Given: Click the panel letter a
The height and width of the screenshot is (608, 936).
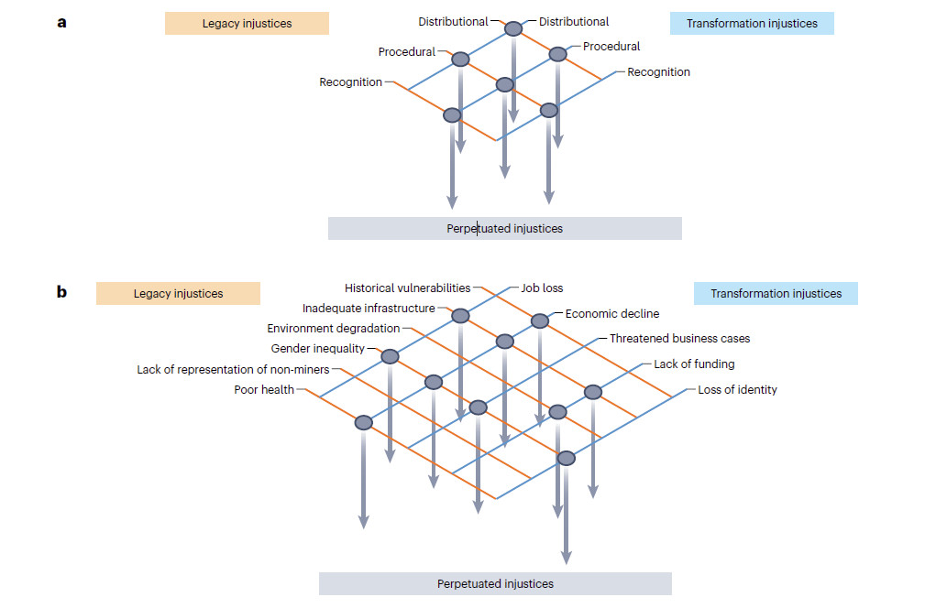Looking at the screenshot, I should pyautogui.click(x=62, y=22).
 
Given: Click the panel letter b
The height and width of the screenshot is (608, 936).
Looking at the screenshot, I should pyautogui.click(x=62, y=293).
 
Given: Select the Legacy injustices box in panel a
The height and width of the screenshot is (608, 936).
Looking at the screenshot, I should pyautogui.click(x=247, y=23).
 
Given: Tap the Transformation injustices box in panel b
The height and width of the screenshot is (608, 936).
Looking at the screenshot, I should pyautogui.click(x=776, y=294).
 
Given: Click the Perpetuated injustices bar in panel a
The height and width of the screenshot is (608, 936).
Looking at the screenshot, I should pyautogui.click(x=504, y=228).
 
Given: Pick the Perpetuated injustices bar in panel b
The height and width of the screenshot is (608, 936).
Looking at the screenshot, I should pyautogui.click(x=495, y=583).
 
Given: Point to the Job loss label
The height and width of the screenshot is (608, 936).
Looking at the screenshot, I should pyautogui.click(x=541, y=288).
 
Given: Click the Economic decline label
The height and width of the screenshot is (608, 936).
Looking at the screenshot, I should pyautogui.click(x=611, y=313).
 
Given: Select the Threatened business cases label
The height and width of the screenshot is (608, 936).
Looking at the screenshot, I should pyautogui.click(x=679, y=339).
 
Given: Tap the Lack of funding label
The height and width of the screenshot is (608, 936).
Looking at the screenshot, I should pyautogui.click(x=694, y=364).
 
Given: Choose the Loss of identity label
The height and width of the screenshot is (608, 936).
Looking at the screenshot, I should pyautogui.click(x=737, y=390).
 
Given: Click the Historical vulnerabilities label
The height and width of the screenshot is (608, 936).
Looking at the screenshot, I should pyautogui.click(x=407, y=288).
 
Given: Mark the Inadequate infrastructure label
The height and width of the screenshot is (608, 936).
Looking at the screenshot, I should pyautogui.click(x=369, y=309).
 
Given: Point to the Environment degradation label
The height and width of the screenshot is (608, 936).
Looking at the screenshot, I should pyautogui.click(x=334, y=328).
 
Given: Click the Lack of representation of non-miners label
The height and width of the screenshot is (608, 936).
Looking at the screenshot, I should pyautogui.click(x=233, y=370).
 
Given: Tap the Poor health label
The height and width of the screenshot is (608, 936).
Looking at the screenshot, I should pyautogui.click(x=264, y=390).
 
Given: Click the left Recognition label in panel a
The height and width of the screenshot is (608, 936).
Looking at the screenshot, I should pyautogui.click(x=350, y=82).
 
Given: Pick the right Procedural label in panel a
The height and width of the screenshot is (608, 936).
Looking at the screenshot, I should pyautogui.click(x=611, y=47).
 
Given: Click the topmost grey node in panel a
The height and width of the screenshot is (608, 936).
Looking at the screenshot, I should pyautogui.click(x=513, y=29).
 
